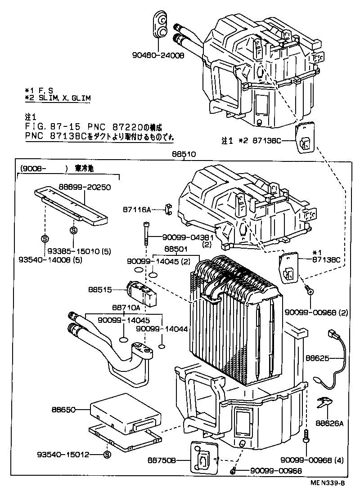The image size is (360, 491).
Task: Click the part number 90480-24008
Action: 158,56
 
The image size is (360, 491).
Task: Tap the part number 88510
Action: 181,154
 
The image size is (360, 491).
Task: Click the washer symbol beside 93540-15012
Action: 107,454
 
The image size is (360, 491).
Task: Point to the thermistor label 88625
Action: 318,358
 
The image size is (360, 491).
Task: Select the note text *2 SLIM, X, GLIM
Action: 57,98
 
